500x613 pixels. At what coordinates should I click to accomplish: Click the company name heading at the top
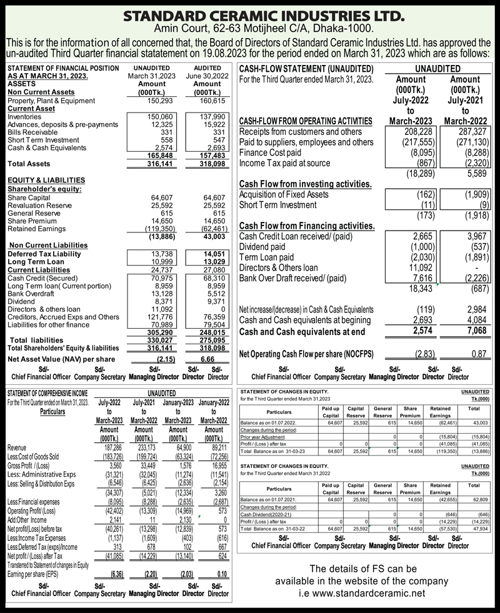point(250,16)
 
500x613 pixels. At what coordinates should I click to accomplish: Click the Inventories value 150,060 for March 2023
point(150,116)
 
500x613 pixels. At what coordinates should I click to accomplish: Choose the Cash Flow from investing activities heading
point(306,184)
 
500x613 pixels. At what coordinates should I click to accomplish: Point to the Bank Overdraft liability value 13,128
point(150,293)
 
